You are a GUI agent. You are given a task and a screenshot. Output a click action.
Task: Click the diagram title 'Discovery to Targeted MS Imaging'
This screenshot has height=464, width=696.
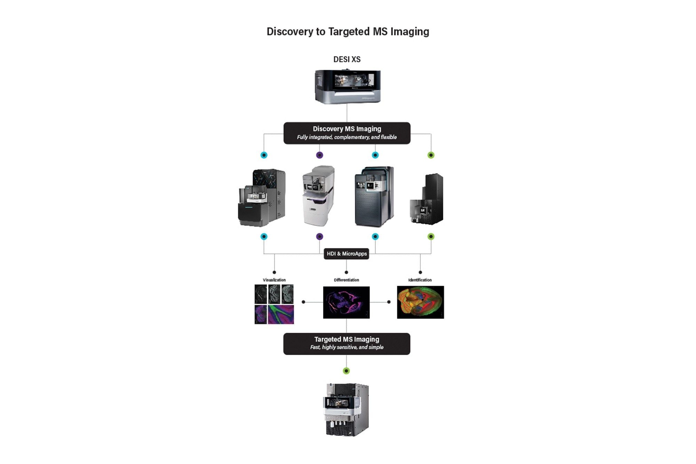tap(348, 32)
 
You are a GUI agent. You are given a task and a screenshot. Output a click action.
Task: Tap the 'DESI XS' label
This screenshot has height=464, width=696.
tap(347, 60)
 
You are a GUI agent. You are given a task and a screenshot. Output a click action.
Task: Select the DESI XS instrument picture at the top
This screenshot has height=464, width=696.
tap(347, 86)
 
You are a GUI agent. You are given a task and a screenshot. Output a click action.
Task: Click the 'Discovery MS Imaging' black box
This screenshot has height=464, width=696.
tap(347, 133)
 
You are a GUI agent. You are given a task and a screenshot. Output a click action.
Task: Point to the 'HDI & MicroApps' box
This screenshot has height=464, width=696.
tap(347, 254)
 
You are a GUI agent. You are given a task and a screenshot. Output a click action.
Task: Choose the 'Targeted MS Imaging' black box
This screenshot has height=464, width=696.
tap(347, 344)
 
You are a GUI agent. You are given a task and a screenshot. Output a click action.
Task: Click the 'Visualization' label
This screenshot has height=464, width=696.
tap(274, 280)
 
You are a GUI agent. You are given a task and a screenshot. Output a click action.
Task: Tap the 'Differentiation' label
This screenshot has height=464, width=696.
tap(346, 280)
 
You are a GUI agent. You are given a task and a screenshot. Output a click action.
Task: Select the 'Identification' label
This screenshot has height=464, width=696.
tap(420, 280)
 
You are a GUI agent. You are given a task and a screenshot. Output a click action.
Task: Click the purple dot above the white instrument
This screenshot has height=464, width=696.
tap(319, 155)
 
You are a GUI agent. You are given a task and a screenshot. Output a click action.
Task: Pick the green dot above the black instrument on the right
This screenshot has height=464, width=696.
tap(431, 155)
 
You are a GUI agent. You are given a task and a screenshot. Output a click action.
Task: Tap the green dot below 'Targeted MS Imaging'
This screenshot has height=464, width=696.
tap(346, 371)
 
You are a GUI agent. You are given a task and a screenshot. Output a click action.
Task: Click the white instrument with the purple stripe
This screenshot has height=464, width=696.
tap(318, 196)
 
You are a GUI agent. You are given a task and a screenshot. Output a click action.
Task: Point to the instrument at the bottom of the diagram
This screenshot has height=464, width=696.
tap(347, 410)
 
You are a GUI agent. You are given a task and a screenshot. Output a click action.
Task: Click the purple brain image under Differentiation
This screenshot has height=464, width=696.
tap(346, 302)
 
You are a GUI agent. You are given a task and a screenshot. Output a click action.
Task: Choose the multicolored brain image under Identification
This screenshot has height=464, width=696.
tap(420, 302)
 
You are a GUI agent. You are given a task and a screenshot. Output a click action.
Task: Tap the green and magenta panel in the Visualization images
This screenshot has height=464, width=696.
tap(281, 314)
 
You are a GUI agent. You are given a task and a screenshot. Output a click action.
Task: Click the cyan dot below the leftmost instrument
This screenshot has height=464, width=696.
tap(264, 237)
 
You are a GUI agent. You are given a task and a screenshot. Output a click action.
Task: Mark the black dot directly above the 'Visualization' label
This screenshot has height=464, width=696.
tap(274, 272)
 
